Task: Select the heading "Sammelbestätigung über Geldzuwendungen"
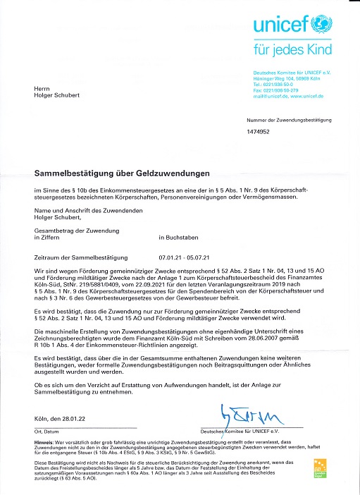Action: [113, 172]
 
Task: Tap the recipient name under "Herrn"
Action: [56, 94]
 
